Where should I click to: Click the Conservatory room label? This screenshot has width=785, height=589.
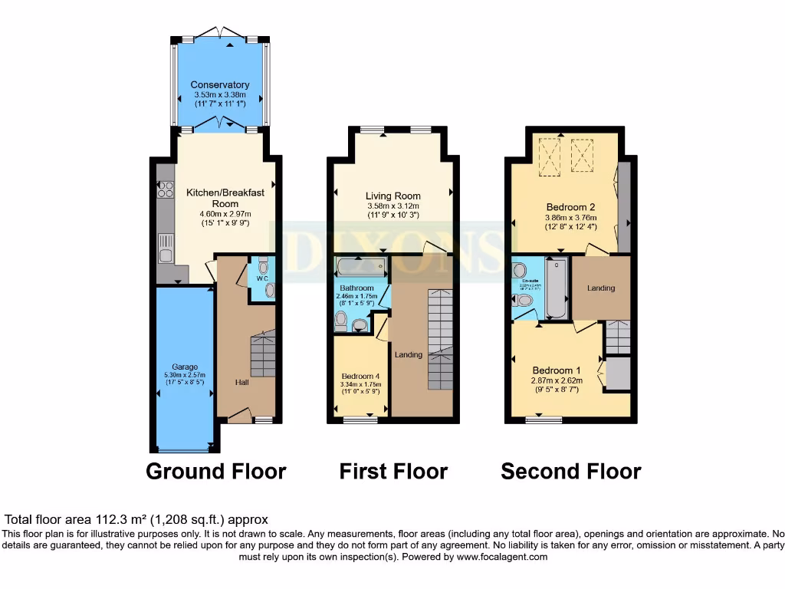(x=220, y=84)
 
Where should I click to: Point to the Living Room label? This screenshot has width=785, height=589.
(x=392, y=196)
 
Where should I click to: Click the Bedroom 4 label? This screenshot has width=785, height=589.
(x=361, y=376)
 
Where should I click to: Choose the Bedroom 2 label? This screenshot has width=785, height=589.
(x=571, y=206)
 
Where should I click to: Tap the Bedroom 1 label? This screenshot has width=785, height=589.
(x=557, y=369)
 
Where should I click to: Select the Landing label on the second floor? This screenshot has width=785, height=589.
(x=601, y=288)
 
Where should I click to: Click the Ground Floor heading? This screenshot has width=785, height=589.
(x=216, y=471)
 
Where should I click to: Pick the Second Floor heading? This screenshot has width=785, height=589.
(x=571, y=471)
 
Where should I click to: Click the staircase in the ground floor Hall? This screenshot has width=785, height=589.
(x=263, y=354)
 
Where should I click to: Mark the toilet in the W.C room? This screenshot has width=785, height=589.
(x=264, y=267)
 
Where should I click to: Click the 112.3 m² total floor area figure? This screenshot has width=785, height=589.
(x=114, y=519)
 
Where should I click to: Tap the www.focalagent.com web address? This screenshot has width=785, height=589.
(x=503, y=557)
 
